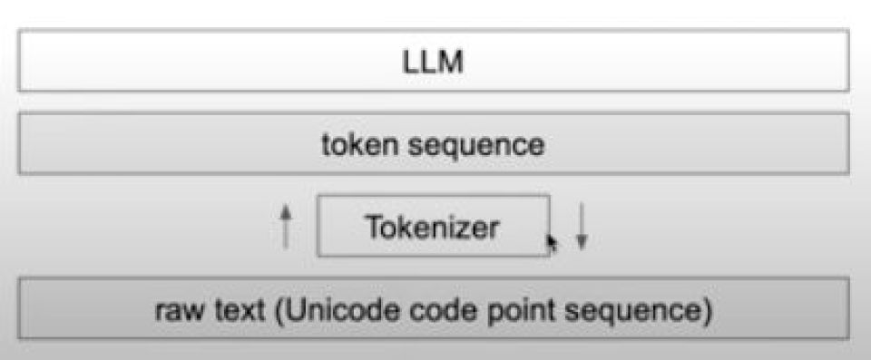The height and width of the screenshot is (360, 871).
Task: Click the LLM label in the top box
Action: click(x=433, y=63)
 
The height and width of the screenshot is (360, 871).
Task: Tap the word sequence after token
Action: click(x=476, y=146)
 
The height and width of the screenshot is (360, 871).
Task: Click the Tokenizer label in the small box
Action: click(x=432, y=228)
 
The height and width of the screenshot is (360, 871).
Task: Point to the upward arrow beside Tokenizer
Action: click(x=286, y=226)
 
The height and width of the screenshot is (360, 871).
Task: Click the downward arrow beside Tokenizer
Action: click(x=581, y=226)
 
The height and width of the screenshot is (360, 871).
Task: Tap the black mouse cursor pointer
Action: click(x=553, y=243)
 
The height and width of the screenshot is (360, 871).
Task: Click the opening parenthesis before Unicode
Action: click(x=279, y=312)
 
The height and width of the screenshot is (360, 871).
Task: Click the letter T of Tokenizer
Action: click(x=375, y=228)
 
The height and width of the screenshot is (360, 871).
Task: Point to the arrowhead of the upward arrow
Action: click(x=286, y=210)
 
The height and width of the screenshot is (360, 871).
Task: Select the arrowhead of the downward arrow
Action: click(x=581, y=242)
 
